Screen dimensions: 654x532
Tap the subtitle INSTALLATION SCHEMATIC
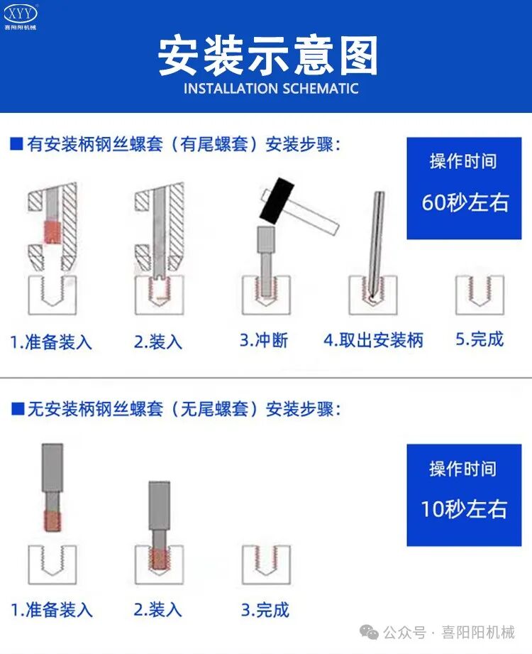click(x=271, y=89)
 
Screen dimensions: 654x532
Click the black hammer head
click(x=277, y=200)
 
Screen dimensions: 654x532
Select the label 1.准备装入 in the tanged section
click(x=51, y=342)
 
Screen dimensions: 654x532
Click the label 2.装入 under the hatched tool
click(x=158, y=342)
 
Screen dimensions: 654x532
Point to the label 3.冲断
click(x=263, y=340)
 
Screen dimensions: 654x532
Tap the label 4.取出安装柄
click(x=373, y=340)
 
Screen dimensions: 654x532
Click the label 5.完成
click(x=480, y=339)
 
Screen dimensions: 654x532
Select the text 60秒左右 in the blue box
click(x=465, y=202)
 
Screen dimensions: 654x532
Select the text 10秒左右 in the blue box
click(x=465, y=509)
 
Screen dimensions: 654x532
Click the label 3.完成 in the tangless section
click(x=265, y=609)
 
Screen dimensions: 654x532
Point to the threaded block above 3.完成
click(x=267, y=565)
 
